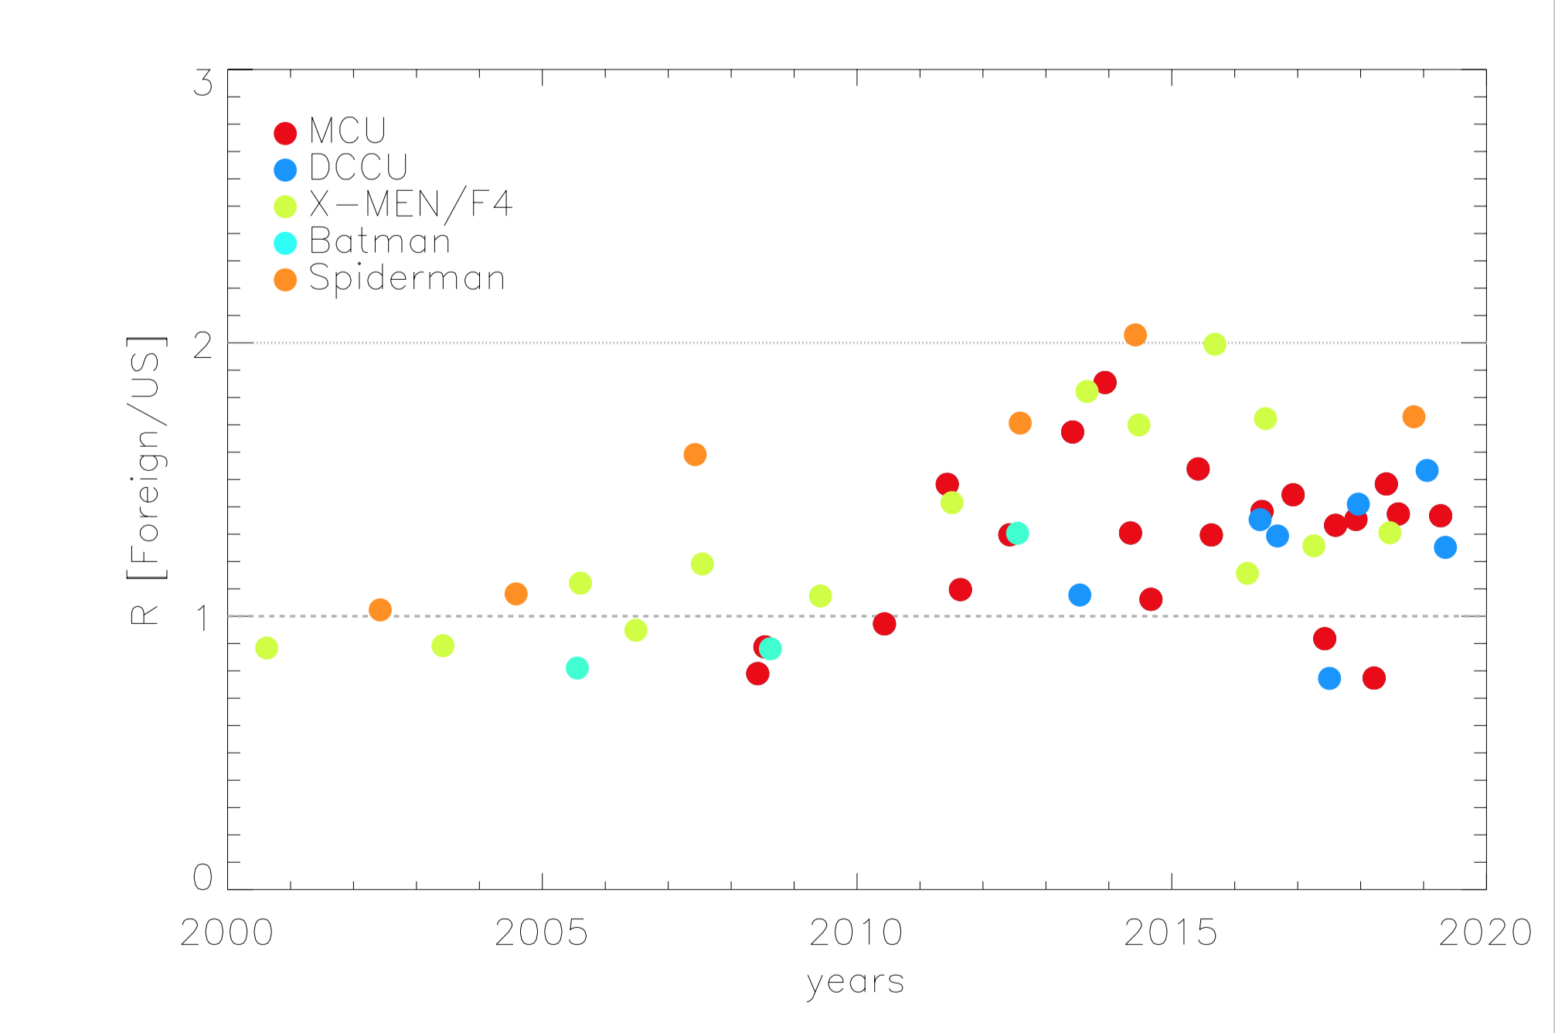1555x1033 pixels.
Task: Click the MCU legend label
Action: click(x=347, y=131)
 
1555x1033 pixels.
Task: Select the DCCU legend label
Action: click(x=358, y=167)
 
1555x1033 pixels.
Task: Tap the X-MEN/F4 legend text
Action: click(x=410, y=204)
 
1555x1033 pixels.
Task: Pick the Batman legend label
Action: click(x=379, y=241)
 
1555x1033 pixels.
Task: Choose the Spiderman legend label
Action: click(x=407, y=278)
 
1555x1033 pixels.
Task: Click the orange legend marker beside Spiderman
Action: click(x=285, y=280)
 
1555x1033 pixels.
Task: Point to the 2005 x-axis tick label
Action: click(x=541, y=932)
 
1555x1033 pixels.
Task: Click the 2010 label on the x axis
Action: click(x=856, y=932)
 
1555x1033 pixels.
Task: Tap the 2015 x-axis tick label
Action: click(x=1171, y=932)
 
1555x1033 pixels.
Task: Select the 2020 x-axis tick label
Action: click(x=1485, y=932)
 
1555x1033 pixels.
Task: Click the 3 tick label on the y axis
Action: click(x=202, y=84)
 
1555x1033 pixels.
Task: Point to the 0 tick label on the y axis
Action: click(x=202, y=877)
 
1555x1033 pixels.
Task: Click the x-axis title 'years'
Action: click(x=855, y=982)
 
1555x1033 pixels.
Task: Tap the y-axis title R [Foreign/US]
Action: click(x=145, y=479)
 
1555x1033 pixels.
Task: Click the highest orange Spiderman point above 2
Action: click(x=1135, y=335)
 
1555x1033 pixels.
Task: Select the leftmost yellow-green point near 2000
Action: click(x=267, y=648)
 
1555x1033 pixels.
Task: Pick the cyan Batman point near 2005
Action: click(x=577, y=668)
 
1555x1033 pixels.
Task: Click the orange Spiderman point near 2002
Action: click(x=380, y=610)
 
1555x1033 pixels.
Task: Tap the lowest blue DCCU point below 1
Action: click(x=1329, y=679)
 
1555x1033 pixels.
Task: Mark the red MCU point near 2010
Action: click(x=884, y=624)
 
